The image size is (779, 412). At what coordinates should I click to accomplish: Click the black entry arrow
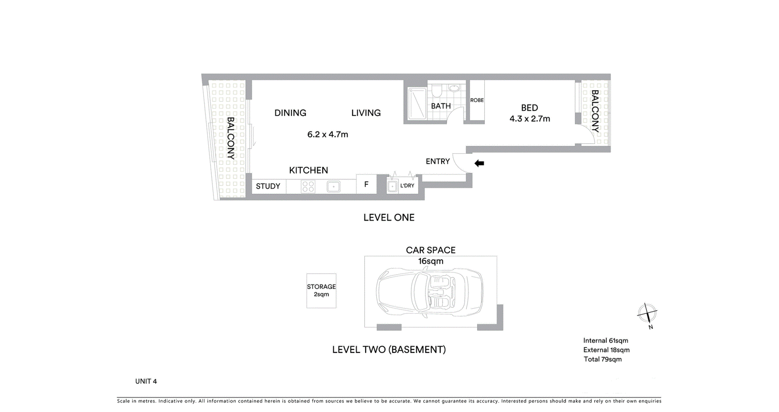[x=479, y=163]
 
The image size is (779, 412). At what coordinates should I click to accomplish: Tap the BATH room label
[x=441, y=106]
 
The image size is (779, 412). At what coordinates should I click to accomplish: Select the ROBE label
[x=477, y=100]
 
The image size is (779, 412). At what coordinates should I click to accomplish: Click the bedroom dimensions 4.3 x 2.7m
[x=529, y=119]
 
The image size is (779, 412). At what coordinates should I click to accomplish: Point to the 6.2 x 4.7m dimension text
[x=327, y=134]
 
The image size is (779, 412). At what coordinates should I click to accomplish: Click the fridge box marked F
[x=366, y=184]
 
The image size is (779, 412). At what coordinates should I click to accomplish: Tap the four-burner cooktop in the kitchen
[x=308, y=186]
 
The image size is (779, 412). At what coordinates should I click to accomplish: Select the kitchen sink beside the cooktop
[x=334, y=186]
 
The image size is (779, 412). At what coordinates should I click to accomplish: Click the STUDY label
[x=268, y=186]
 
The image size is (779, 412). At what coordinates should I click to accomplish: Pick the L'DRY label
[x=407, y=186]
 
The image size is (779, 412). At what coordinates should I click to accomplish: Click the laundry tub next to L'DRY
[x=392, y=186]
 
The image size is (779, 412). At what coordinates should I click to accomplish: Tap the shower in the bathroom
[x=417, y=104]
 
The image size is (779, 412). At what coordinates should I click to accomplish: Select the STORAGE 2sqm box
[x=321, y=291]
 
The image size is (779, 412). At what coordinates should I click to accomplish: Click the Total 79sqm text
[x=603, y=359]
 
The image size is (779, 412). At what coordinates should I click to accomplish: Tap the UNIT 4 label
[x=146, y=381]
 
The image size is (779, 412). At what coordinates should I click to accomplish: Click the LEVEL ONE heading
[x=389, y=217]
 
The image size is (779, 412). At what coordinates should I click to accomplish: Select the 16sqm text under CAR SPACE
[x=430, y=261]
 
